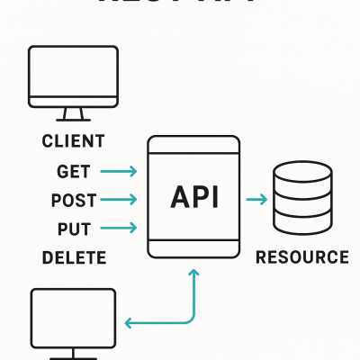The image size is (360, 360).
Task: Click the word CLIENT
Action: [x=73, y=141]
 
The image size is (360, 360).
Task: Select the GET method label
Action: [x=74, y=171]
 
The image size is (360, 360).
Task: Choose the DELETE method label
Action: [x=74, y=258]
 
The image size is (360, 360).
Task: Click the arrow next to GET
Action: [x=119, y=171]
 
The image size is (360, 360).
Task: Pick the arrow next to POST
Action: [x=119, y=200]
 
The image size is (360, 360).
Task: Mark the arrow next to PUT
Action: [x=119, y=229]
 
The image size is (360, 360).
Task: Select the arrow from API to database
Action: [x=256, y=200]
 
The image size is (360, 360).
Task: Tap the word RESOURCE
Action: [x=301, y=258]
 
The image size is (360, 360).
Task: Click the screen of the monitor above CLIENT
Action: [x=73, y=75]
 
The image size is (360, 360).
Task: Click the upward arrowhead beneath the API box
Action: [x=193, y=274]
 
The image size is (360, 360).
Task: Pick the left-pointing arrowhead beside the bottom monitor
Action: [x=129, y=321]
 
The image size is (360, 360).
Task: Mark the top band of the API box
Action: [x=193, y=146]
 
